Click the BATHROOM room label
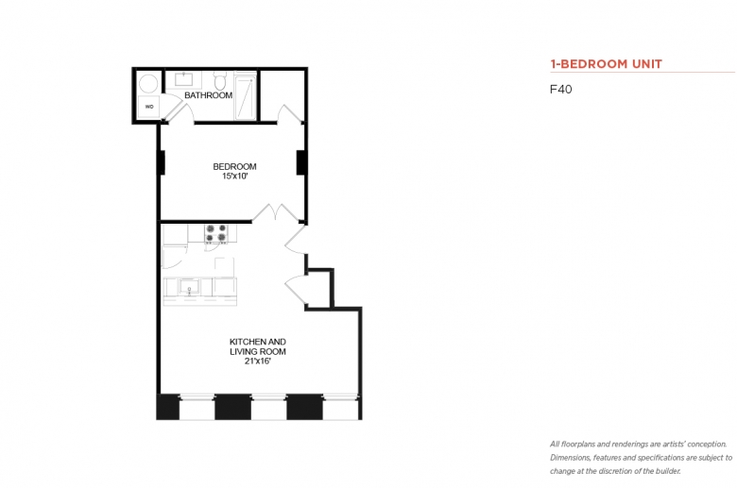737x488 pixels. (x=208, y=95)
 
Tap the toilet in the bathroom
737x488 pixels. (x=219, y=81)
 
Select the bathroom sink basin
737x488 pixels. (x=183, y=79)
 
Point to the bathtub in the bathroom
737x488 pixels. (x=246, y=97)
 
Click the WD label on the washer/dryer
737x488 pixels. (x=149, y=107)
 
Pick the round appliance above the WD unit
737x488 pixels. (x=148, y=84)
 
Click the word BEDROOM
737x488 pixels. (x=234, y=166)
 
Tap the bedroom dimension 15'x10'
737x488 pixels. (x=234, y=177)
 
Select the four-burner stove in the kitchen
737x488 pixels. (x=216, y=233)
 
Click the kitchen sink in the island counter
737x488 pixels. (x=189, y=286)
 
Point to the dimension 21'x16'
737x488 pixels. (x=258, y=362)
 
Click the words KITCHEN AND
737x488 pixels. (x=258, y=342)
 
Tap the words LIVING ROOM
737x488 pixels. (x=258, y=351)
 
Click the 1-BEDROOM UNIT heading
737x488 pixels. (x=607, y=64)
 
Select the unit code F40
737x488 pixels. (x=560, y=90)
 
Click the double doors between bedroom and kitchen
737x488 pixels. (x=276, y=212)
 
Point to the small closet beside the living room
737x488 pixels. (x=318, y=289)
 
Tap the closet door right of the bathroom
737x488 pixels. (x=289, y=114)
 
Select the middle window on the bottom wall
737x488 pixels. (x=269, y=408)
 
